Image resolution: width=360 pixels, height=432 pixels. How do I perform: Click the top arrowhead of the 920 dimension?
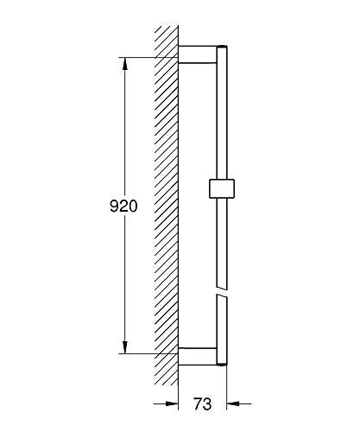[126, 63]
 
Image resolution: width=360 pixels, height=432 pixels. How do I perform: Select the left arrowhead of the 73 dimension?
[173, 403]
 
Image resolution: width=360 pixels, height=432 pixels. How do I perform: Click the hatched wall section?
[165, 207]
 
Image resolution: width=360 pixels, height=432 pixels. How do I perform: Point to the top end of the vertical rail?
[224, 45]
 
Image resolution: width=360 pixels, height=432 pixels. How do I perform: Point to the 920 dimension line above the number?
[126, 130]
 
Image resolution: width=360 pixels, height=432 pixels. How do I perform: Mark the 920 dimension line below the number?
[126, 285]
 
